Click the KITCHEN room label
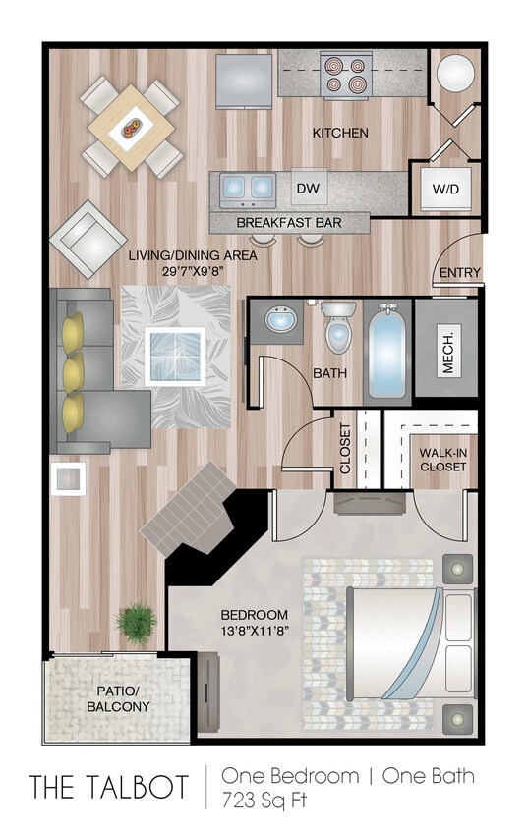coord(340,133)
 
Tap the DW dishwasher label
coord(305,187)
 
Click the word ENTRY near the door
coord(460,273)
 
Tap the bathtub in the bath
coord(387,351)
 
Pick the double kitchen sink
coord(247,186)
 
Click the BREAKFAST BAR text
coord(289,223)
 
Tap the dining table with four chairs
coord(131,128)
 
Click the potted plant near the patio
coord(135,621)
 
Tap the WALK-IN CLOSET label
coord(443,459)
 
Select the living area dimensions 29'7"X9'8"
coord(193,264)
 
